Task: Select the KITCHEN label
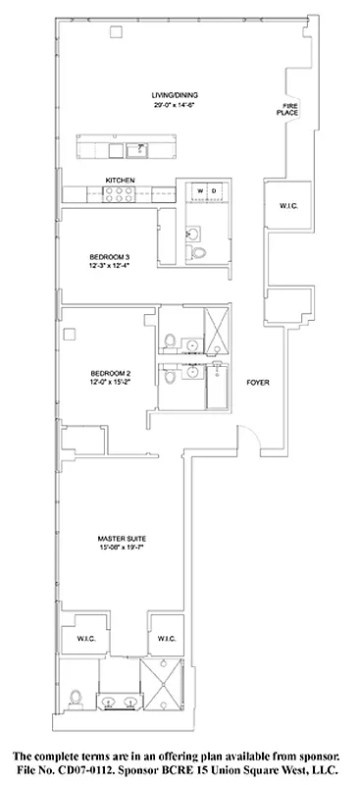(x=121, y=180)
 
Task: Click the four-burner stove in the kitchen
(x=124, y=194)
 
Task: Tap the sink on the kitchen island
(x=135, y=150)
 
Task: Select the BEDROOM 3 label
(x=108, y=257)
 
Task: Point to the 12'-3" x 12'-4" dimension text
(x=108, y=267)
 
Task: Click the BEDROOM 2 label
(x=109, y=373)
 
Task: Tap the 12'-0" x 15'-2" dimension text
(x=109, y=383)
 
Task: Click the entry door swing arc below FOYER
(x=252, y=439)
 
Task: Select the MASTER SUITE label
(x=122, y=540)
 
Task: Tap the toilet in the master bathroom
(x=77, y=699)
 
